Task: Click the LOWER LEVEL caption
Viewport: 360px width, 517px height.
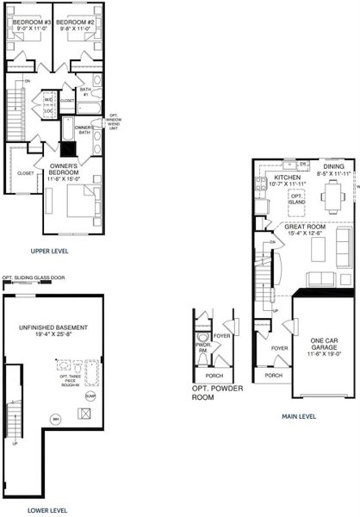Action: (x=48, y=510)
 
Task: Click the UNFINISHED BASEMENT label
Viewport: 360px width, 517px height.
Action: (x=53, y=328)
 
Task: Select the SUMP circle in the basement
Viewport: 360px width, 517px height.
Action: (x=90, y=396)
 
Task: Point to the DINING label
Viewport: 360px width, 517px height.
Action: (x=333, y=167)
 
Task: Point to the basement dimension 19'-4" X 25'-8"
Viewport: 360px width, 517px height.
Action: (x=53, y=336)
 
